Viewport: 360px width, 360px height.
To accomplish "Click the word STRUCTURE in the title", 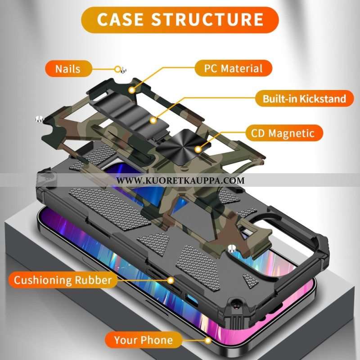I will (207, 20).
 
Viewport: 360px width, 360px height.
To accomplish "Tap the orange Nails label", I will (68, 69).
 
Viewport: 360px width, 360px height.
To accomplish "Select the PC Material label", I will (234, 68).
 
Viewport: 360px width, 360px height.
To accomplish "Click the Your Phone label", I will (143, 340).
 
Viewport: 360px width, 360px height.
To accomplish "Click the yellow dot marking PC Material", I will (132, 90).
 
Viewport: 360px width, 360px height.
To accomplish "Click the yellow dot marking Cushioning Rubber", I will (171, 280).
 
